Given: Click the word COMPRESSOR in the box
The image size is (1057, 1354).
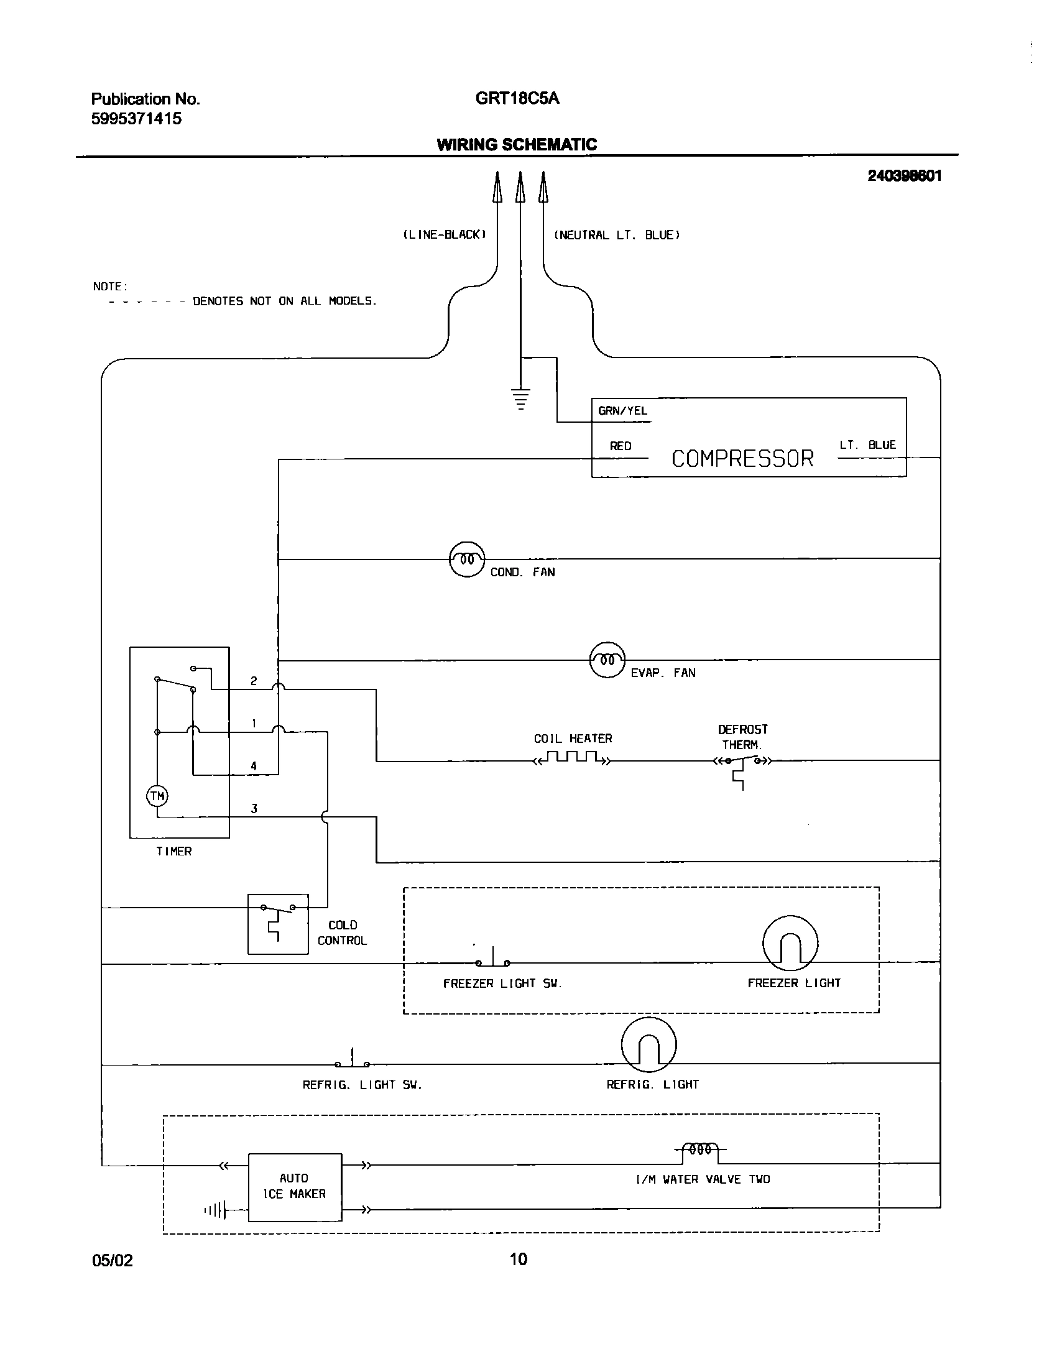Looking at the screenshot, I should tap(742, 459).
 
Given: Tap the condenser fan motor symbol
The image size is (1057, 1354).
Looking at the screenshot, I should tap(467, 559).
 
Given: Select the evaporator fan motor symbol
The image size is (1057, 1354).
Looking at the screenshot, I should tap(607, 660).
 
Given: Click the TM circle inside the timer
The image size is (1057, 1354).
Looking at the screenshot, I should tap(157, 796).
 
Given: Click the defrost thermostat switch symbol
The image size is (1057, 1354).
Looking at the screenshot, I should tap(742, 761).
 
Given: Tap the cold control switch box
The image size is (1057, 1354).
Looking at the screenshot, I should tap(278, 924).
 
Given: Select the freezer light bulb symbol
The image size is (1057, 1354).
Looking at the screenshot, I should tap(790, 943).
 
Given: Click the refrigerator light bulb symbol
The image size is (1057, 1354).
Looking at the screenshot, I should tap(649, 1044).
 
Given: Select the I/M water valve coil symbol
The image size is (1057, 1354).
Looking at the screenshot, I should tap(701, 1150).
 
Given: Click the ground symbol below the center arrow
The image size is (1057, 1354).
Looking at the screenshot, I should tap(520, 398).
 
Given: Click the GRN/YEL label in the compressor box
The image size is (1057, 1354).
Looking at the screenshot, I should tap(622, 411).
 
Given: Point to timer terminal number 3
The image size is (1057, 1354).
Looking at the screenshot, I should tap(254, 809).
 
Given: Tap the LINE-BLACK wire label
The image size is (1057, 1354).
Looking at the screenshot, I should tap(444, 235).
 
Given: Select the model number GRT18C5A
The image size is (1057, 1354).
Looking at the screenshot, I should tap(517, 99).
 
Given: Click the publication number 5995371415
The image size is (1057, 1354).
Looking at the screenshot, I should tap(137, 119).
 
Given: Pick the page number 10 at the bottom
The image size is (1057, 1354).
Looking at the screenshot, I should tap(518, 1259).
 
